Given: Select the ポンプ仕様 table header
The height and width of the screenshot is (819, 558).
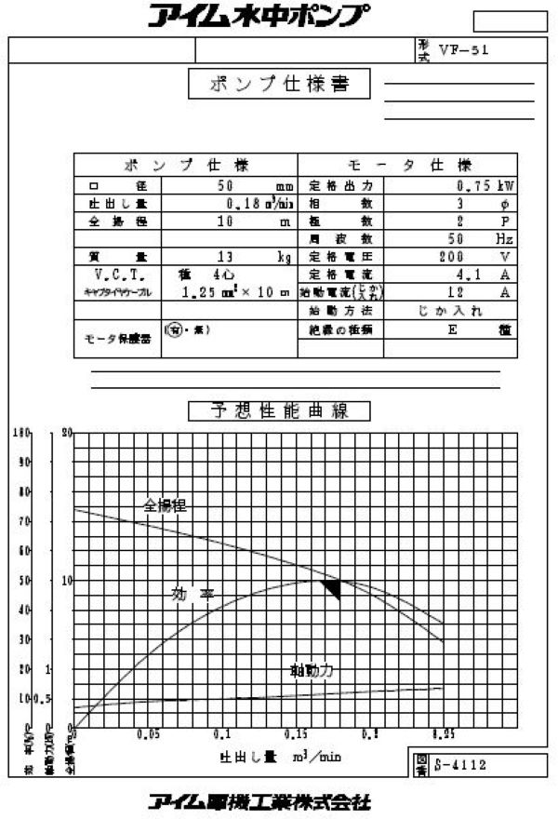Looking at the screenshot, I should click(186, 166).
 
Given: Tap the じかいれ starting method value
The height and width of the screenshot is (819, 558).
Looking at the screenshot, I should click(446, 310).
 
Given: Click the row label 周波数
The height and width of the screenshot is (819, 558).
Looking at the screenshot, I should click(341, 238).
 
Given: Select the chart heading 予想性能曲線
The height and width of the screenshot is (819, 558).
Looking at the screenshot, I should click(280, 410).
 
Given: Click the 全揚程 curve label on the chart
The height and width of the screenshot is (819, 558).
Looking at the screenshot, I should click(165, 506).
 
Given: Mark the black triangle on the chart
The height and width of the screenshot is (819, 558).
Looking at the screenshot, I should click(330, 587).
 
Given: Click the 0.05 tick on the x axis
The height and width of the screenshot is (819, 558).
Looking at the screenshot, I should click(147, 735).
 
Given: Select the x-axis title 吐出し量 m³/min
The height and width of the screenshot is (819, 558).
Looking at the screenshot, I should click(279, 757).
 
